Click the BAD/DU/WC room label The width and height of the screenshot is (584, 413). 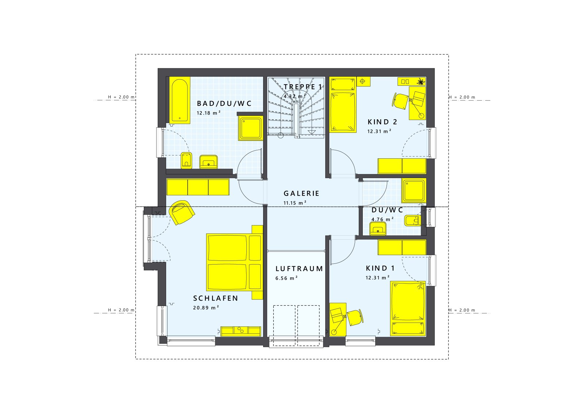(x=224, y=104)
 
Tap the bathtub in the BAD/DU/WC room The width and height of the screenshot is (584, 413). (x=179, y=100)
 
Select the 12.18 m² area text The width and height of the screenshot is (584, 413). (x=208, y=113)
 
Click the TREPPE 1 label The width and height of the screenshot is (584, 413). (x=303, y=87)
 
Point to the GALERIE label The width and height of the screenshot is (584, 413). (x=301, y=194)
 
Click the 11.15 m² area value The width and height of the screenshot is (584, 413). (x=295, y=203)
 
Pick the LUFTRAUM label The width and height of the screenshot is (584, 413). (x=299, y=269)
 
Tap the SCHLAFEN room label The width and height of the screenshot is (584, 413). (x=216, y=298)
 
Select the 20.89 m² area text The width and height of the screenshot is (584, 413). (x=206, y=308)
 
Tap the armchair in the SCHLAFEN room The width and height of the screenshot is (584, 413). (x=181, y=212)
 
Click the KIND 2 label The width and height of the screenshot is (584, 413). (x=382, y=122)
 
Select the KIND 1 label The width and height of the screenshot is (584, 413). (x=380, y=269)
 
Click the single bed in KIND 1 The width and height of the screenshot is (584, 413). (x=408, y=308)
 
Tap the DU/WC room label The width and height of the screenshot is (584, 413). (x=387, y=210)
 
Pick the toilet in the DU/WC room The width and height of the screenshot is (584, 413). (x=413, y=220)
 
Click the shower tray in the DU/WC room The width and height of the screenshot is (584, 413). (x=414, y=190)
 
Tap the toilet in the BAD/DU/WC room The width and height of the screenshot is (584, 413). (x=186, y=160)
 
